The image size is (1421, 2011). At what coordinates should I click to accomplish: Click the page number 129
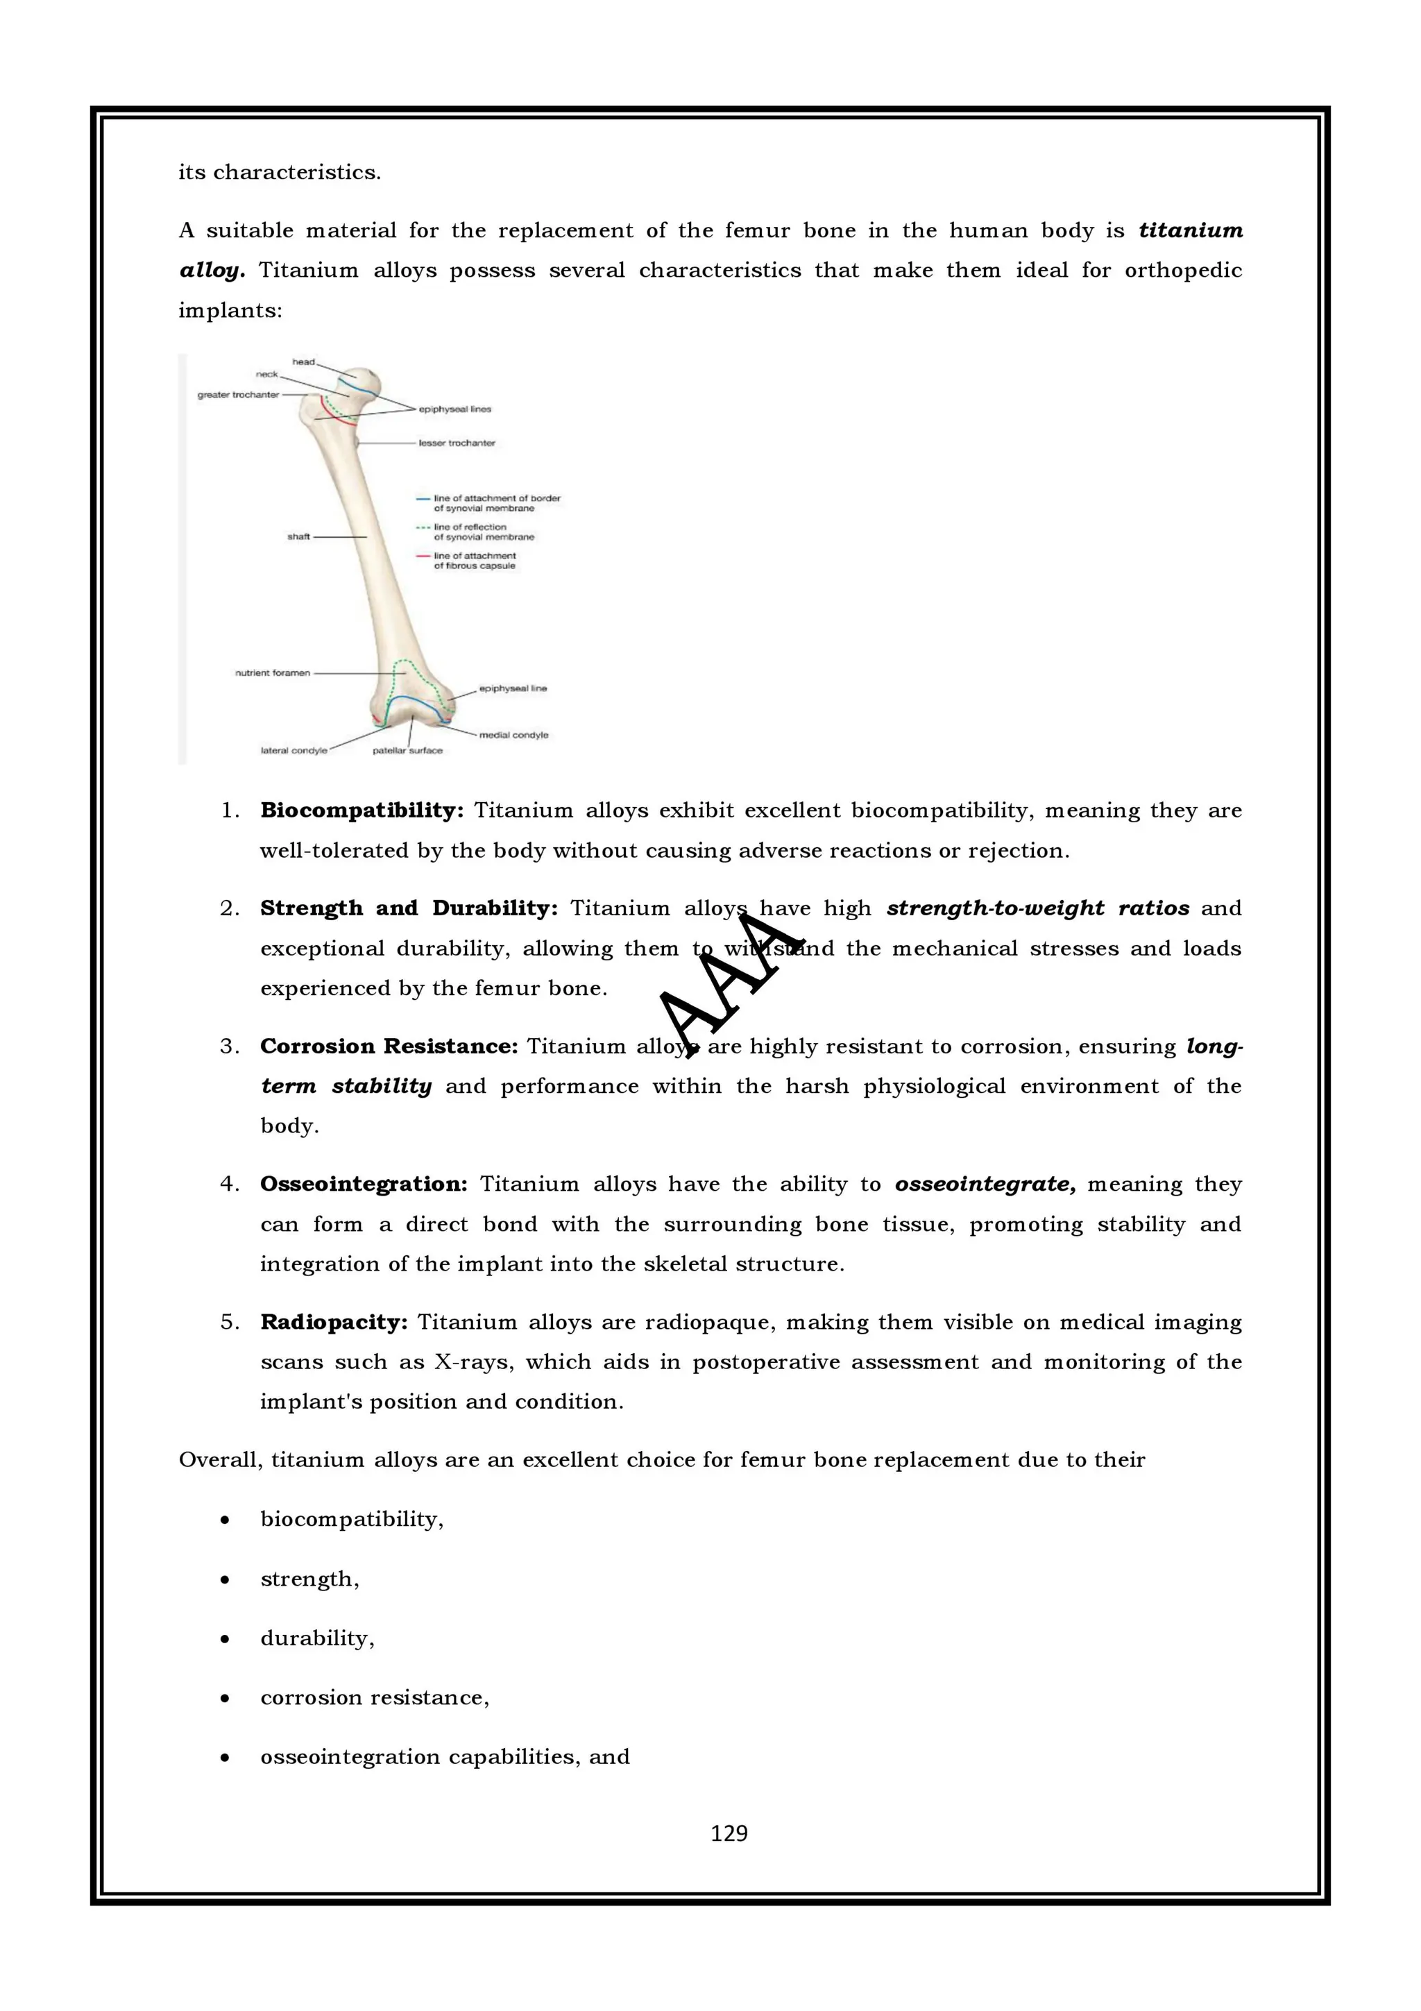click(x=729, y=1833)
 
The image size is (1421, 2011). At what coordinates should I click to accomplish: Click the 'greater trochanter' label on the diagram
click(x=238, y=395)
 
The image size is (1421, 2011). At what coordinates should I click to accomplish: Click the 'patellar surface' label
click(x=407, y=751)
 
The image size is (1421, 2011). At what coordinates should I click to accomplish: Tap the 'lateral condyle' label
click(x=293, y=751)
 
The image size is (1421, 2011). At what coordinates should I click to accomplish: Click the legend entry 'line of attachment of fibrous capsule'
click(x=475, y=561)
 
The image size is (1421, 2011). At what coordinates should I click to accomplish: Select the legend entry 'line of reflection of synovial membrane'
click(x=484, y=532)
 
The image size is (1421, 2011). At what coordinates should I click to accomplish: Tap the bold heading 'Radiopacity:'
click(x=334, y=1322)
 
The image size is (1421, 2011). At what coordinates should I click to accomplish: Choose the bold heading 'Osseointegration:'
click(x=364, y=1184)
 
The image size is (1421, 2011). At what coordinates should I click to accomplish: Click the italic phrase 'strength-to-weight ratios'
click(x=1037, y=908)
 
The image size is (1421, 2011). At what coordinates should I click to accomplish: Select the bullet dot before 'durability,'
click(x=225, y=1639)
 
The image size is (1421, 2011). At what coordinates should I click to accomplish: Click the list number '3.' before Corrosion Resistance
click(x=230, y=1046)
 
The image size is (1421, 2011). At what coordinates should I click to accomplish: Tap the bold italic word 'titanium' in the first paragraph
click(x=1190, y=230)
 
